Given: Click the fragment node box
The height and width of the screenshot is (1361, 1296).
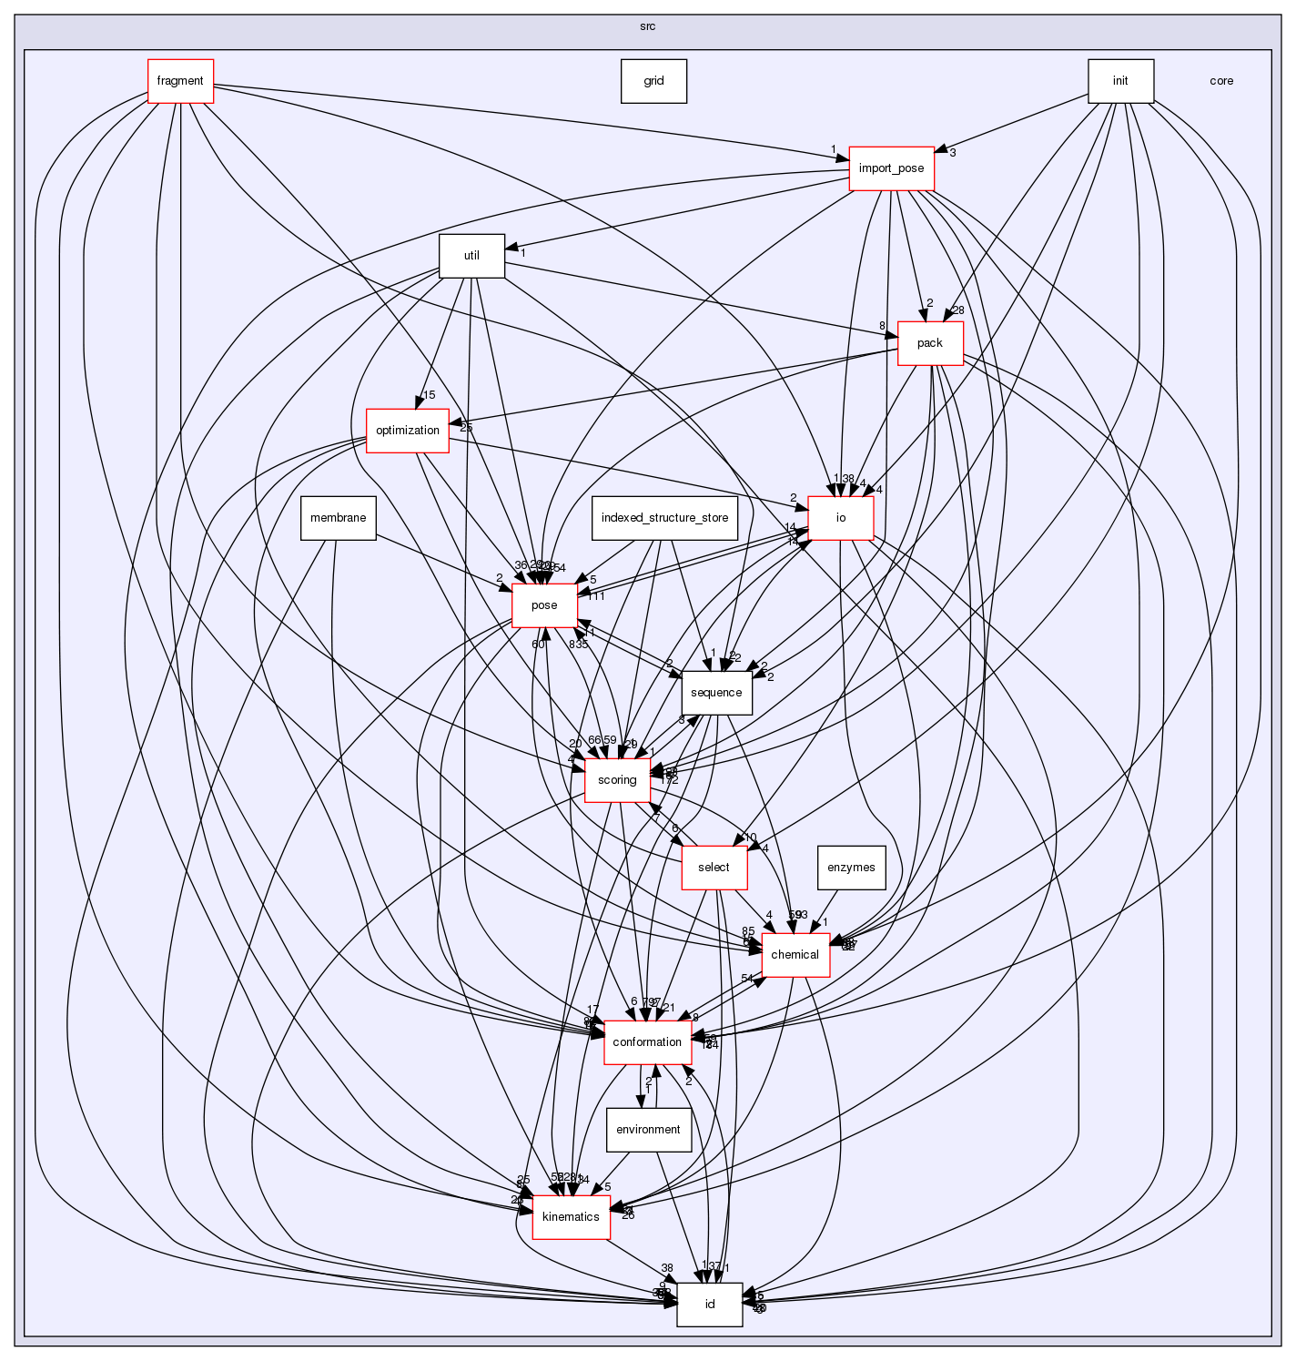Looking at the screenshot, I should coord(180,81).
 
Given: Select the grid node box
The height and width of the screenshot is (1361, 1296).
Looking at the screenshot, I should coord(653,81).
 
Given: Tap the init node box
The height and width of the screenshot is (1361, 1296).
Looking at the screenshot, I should coord(1120,81).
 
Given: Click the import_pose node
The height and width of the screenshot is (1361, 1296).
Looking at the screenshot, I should coord(891,168).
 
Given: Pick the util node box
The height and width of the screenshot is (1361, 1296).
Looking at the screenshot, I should coord(471,256).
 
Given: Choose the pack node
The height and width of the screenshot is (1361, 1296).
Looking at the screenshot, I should coord(929,343).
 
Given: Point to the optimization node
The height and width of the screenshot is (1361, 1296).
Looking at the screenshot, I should coord(407,431).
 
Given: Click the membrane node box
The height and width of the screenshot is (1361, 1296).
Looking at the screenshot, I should coord(338,518).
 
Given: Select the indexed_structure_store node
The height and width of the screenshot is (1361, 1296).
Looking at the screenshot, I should coord(664,518).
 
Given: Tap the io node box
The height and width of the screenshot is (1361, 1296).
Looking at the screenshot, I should coord(841,518).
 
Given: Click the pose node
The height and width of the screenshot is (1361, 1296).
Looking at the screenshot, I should coord(544,605).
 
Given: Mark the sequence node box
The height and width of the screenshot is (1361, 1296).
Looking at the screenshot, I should coord(716,693).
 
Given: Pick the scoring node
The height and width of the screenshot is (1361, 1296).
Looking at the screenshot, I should coord(616,780).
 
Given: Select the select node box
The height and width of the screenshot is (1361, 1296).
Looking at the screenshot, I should coord(714,868).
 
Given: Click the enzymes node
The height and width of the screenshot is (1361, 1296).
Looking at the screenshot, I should coord(851,868).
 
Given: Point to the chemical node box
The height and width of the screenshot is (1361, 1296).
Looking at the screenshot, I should coord(795,955).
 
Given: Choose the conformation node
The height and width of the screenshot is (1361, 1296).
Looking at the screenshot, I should coord(647,1042).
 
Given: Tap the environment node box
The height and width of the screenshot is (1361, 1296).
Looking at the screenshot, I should coord(648,1130).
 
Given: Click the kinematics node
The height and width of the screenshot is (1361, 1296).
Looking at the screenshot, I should coord(571,1217).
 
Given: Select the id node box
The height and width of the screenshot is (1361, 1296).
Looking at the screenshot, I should coord(709,1305).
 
